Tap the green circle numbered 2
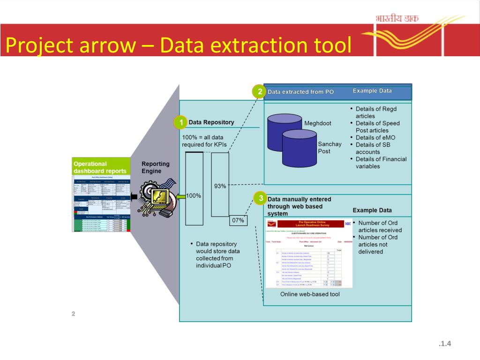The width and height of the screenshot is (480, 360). click(x=259, y=91)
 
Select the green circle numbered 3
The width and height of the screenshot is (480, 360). click(x=260, y=199)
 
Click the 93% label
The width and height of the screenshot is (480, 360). click(x=220, y=186)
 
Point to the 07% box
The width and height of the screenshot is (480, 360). click(x=239, y=220)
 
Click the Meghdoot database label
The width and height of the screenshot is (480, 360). click(x=318, y=123)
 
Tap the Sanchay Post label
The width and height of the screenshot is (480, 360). click(x=330, y=148)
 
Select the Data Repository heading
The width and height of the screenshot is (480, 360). click(x=211, y=122)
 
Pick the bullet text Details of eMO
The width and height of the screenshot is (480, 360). click(x=375, y=138)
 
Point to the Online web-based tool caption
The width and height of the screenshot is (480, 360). click(x=310, y=294)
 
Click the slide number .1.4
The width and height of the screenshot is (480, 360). click(x=444, y=345)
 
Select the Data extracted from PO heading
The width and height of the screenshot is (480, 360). click(x=300, y=92)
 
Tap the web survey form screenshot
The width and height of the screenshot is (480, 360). click(x=308, y=254)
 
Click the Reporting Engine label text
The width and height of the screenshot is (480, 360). click(x=156, y=167)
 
